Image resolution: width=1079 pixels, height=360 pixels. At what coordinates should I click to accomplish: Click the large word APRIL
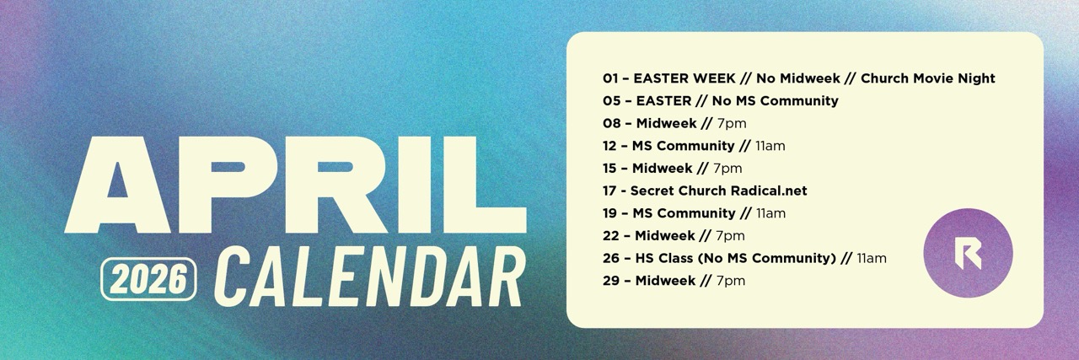click(295, 185)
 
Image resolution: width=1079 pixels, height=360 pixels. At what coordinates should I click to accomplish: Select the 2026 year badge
click(148, 279)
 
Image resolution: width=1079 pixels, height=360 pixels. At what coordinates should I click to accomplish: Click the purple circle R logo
click(969, 253)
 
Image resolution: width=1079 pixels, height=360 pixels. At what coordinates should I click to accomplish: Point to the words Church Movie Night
click(928, 78)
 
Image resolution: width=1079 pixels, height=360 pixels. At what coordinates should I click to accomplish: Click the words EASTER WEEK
click(684, 78)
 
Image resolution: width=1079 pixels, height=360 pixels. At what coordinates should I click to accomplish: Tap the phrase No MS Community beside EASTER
click(775, 100)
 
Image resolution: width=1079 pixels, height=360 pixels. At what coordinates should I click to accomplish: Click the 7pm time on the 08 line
click(732, 123)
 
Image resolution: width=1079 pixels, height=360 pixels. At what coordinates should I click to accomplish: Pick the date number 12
click(609, 146)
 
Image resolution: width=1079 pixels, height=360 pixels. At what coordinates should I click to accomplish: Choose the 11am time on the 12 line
click(770, 146)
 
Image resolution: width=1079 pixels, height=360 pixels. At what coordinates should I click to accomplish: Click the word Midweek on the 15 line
click(663, 168)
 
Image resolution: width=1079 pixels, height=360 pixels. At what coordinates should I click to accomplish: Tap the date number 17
click(609, 191)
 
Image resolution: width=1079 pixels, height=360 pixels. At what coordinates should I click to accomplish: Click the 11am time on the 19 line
click(770, 213)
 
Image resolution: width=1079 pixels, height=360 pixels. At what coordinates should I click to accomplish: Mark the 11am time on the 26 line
click(872, 258)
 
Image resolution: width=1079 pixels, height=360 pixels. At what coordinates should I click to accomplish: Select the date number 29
click(611, 281)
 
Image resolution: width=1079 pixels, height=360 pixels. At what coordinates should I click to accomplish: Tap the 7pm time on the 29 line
click(731, 281)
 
